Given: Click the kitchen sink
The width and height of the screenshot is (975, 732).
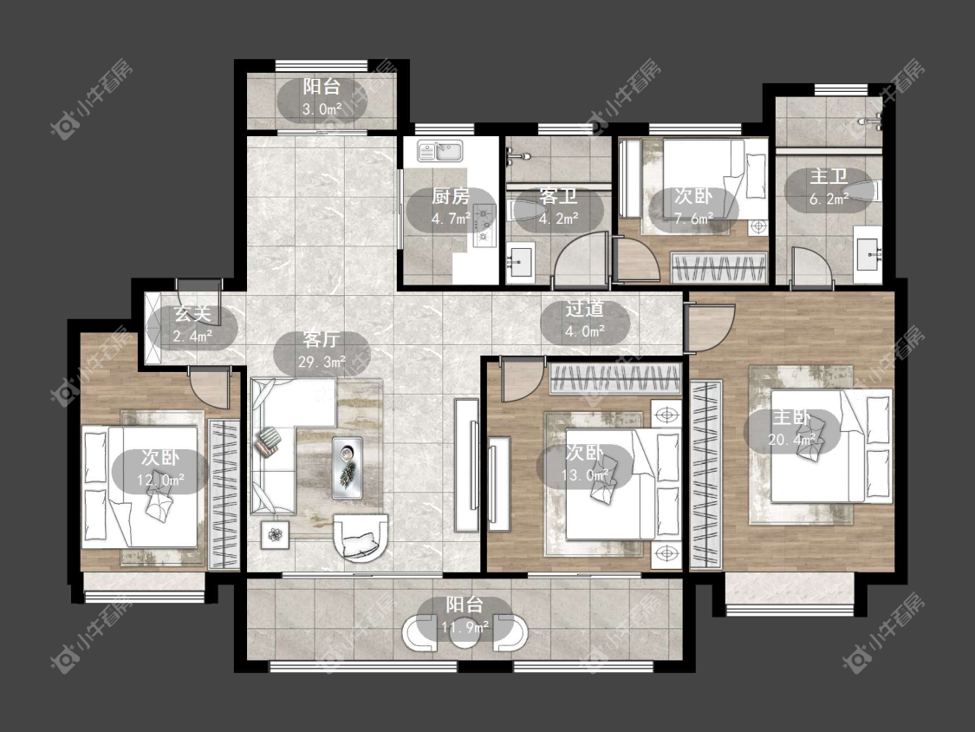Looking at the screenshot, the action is click(440, 151).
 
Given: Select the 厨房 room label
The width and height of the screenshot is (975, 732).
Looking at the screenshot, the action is click(451, 197).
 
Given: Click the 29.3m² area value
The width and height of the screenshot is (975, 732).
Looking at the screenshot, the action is click(322, 362).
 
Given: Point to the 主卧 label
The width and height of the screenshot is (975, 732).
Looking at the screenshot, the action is click(791, 417).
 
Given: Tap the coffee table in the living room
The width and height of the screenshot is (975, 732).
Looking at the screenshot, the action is click(347, 468).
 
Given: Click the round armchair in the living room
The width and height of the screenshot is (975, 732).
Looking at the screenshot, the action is click(361, 537).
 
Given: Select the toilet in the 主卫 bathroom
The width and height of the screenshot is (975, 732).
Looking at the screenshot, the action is click(866, 191).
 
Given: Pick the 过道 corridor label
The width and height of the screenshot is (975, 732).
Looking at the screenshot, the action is click(584, 309).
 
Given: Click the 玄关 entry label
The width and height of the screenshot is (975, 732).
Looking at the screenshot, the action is click(192, 314).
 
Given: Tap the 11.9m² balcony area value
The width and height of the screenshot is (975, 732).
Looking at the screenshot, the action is click(465, 627).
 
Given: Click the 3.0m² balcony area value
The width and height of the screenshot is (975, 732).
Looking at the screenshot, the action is click(322, 109).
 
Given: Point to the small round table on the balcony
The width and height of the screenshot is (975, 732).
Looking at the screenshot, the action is click(465, 633).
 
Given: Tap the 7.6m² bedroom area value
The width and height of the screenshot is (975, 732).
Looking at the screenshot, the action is click(693, 219).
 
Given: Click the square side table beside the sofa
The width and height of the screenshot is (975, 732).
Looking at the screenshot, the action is click(275, 534).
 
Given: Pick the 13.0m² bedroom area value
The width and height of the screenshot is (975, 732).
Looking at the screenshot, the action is click(584, 475).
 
